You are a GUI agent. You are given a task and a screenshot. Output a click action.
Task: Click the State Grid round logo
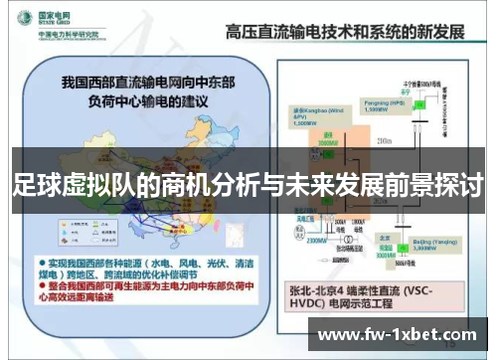click(21, 19)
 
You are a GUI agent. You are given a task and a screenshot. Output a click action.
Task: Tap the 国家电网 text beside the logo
click(49, 15)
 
